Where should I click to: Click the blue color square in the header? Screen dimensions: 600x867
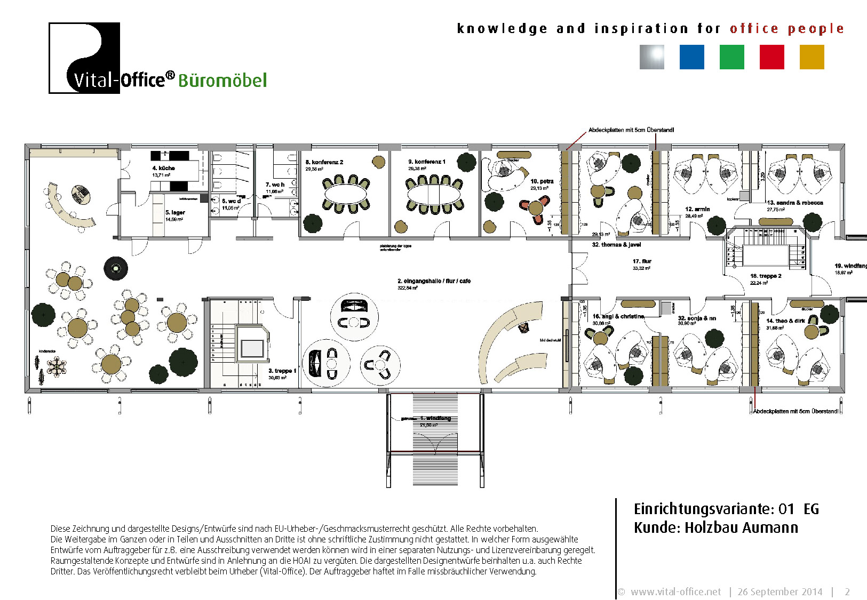tap(691, 57)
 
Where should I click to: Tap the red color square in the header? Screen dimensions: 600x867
tap(771, 57)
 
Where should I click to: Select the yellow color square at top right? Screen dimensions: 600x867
tap(812, 57)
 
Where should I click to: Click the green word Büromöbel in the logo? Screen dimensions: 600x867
tap(222, 81)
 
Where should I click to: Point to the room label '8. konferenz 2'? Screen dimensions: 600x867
tap(324, 162)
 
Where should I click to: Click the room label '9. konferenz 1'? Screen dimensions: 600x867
tap(426, 162)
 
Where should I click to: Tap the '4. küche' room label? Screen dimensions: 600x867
tap(163, 168)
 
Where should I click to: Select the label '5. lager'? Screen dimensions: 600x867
tap(175, 212)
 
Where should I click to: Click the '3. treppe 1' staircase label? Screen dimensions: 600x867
tap(282, 371)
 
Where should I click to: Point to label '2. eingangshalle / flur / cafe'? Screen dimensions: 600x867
tap(434, 281)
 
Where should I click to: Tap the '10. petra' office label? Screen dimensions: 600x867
tap(542, 181)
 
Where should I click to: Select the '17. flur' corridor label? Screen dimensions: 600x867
tap(642, 261)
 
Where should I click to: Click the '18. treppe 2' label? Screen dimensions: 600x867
tap(765, 276)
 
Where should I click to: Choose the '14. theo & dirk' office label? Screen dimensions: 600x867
tap(785, 321)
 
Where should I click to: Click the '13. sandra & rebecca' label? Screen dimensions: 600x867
tap(794, 203)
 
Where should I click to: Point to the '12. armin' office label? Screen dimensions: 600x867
tap(697, 209)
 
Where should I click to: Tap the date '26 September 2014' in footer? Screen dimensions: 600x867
tap(779, 591)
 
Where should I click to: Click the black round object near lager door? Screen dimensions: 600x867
tap(115, 268)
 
